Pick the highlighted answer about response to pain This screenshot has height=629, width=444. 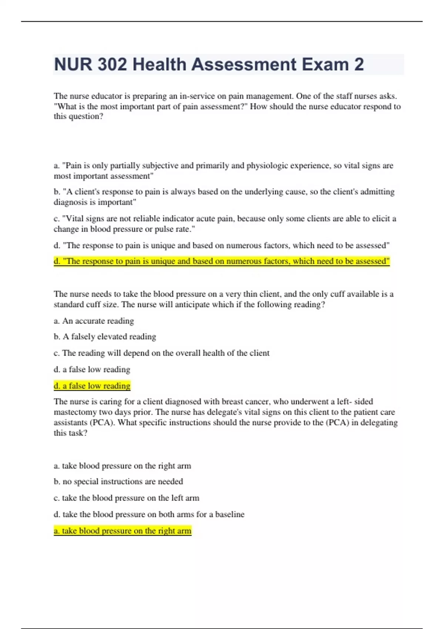tap(222, 261)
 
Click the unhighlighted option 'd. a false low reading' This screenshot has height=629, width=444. tap(92, 369)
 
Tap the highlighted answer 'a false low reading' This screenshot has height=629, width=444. tap(92, 386)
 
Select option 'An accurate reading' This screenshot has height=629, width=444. tap(94, 321)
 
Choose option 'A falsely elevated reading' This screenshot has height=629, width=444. tap(105, 337)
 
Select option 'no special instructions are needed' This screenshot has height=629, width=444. tap(118, 481)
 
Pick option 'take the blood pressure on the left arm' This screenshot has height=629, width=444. tap(127, 498)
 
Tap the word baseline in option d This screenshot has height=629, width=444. tap(230, 514)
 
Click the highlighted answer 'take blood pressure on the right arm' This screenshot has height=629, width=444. tap(122, 531)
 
